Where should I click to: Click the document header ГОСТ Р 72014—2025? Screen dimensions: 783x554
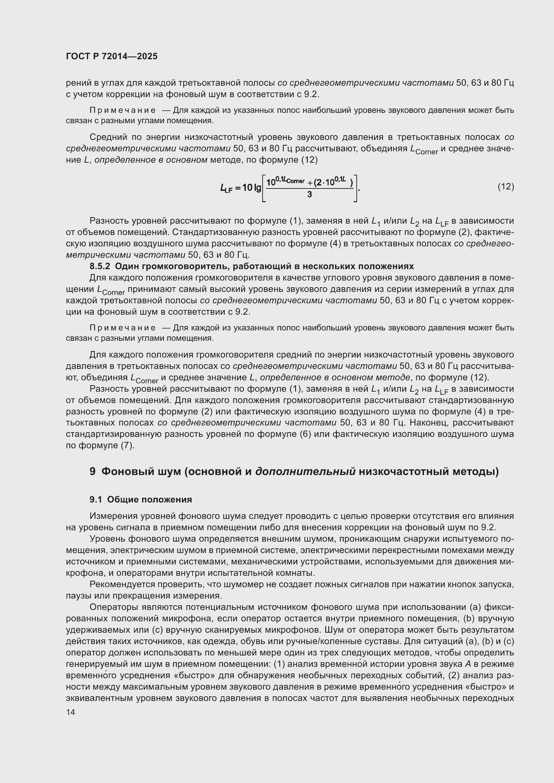tap(112, 57)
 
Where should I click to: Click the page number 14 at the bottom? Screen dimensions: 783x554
tap(71, 712)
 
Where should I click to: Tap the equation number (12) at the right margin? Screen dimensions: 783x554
tap(505, 186)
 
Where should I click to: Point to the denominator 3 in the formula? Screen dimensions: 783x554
tap(309, 195)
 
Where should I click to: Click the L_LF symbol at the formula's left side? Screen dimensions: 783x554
tap(226, 187)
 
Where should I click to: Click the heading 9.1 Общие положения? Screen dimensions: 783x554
tap(141, 499)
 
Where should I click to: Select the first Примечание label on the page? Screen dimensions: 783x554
tap(123, 110)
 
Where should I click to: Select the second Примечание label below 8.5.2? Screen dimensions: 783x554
tap(123, 328)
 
